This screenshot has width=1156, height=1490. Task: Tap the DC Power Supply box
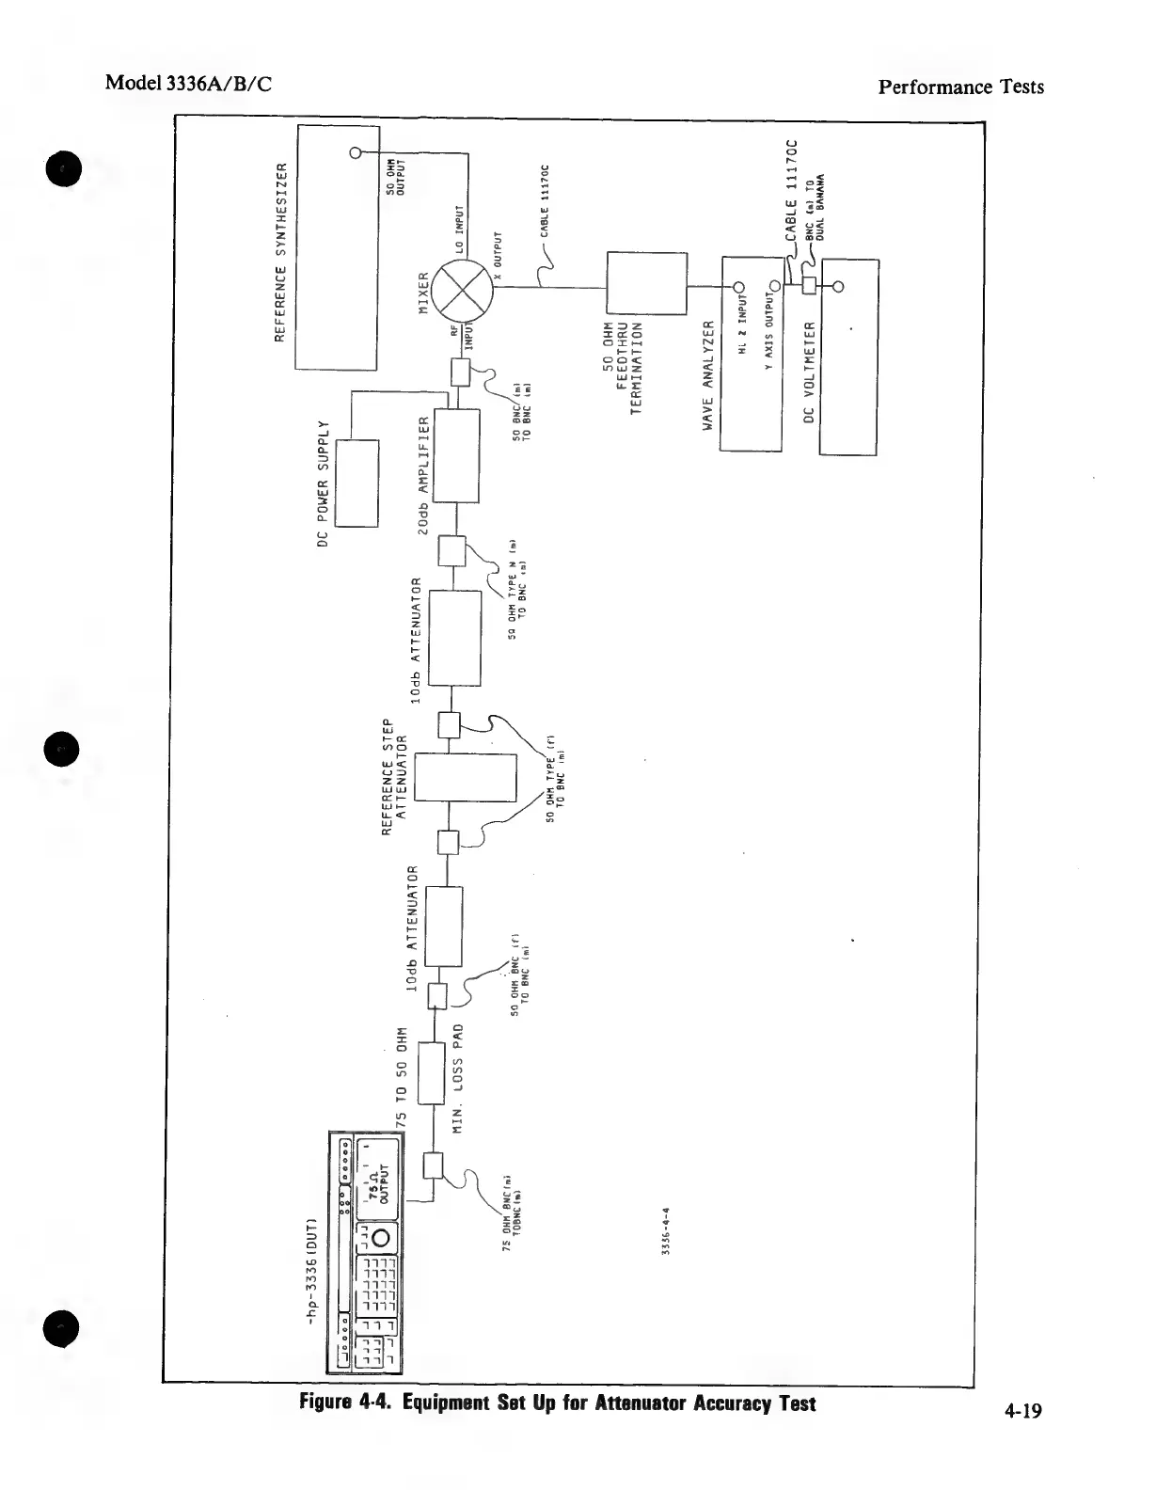[356, 483]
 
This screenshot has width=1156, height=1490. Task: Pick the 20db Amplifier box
[455, 456]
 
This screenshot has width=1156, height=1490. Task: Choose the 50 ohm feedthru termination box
[647, 281]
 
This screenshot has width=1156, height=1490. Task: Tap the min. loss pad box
[431, 1072]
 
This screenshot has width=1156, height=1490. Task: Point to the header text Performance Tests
[960, 87]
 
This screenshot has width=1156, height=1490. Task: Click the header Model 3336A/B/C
[189, 83]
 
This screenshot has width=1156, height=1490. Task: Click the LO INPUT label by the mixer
[460, 230]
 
